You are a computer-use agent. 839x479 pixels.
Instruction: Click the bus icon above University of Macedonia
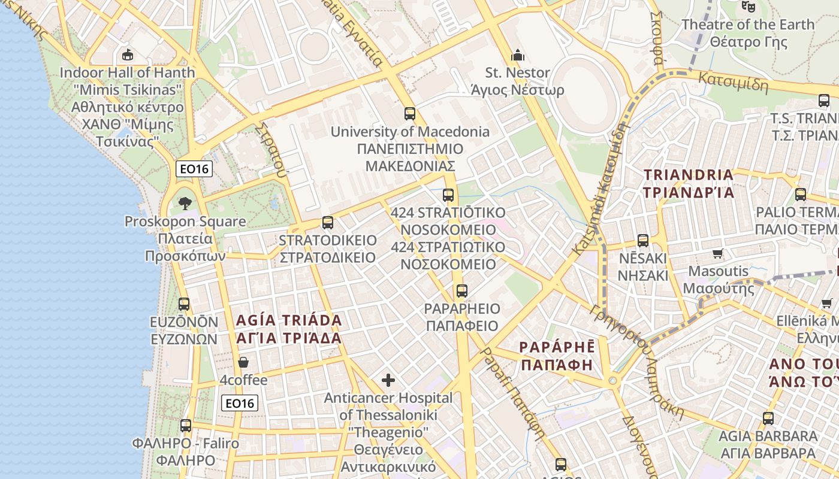pos(410,113)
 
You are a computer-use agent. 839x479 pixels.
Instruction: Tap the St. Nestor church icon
pos(518,56)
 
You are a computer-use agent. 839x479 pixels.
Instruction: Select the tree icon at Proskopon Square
pos(185,203)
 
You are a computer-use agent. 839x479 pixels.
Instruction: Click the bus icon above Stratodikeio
pos(327,222)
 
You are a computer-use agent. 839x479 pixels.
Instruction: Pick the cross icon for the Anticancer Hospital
pos(388,380)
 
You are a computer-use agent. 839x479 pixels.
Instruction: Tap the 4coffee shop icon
pos(243,362)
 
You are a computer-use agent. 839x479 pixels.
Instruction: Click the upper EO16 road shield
pos(195,169)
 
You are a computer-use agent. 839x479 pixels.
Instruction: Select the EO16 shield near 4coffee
pos(240,403)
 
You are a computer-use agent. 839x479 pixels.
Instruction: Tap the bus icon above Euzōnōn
pos(184,304)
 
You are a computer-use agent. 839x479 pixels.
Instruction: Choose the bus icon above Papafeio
pos(461,291)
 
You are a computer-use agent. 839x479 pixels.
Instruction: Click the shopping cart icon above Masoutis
pos(718,253)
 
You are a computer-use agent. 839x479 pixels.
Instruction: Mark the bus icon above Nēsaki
pos(643,240)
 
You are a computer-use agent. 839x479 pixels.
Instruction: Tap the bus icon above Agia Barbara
pos(768,418)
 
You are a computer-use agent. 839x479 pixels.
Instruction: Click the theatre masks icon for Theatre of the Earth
pos(747,6)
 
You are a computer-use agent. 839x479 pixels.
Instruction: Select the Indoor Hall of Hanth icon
pos(127,55)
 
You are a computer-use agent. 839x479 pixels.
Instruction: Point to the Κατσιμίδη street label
pos(733,81)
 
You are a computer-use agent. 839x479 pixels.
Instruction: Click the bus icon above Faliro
pos(186,425)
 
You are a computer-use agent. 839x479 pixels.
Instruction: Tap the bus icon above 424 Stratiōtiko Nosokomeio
pos(448,195)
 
